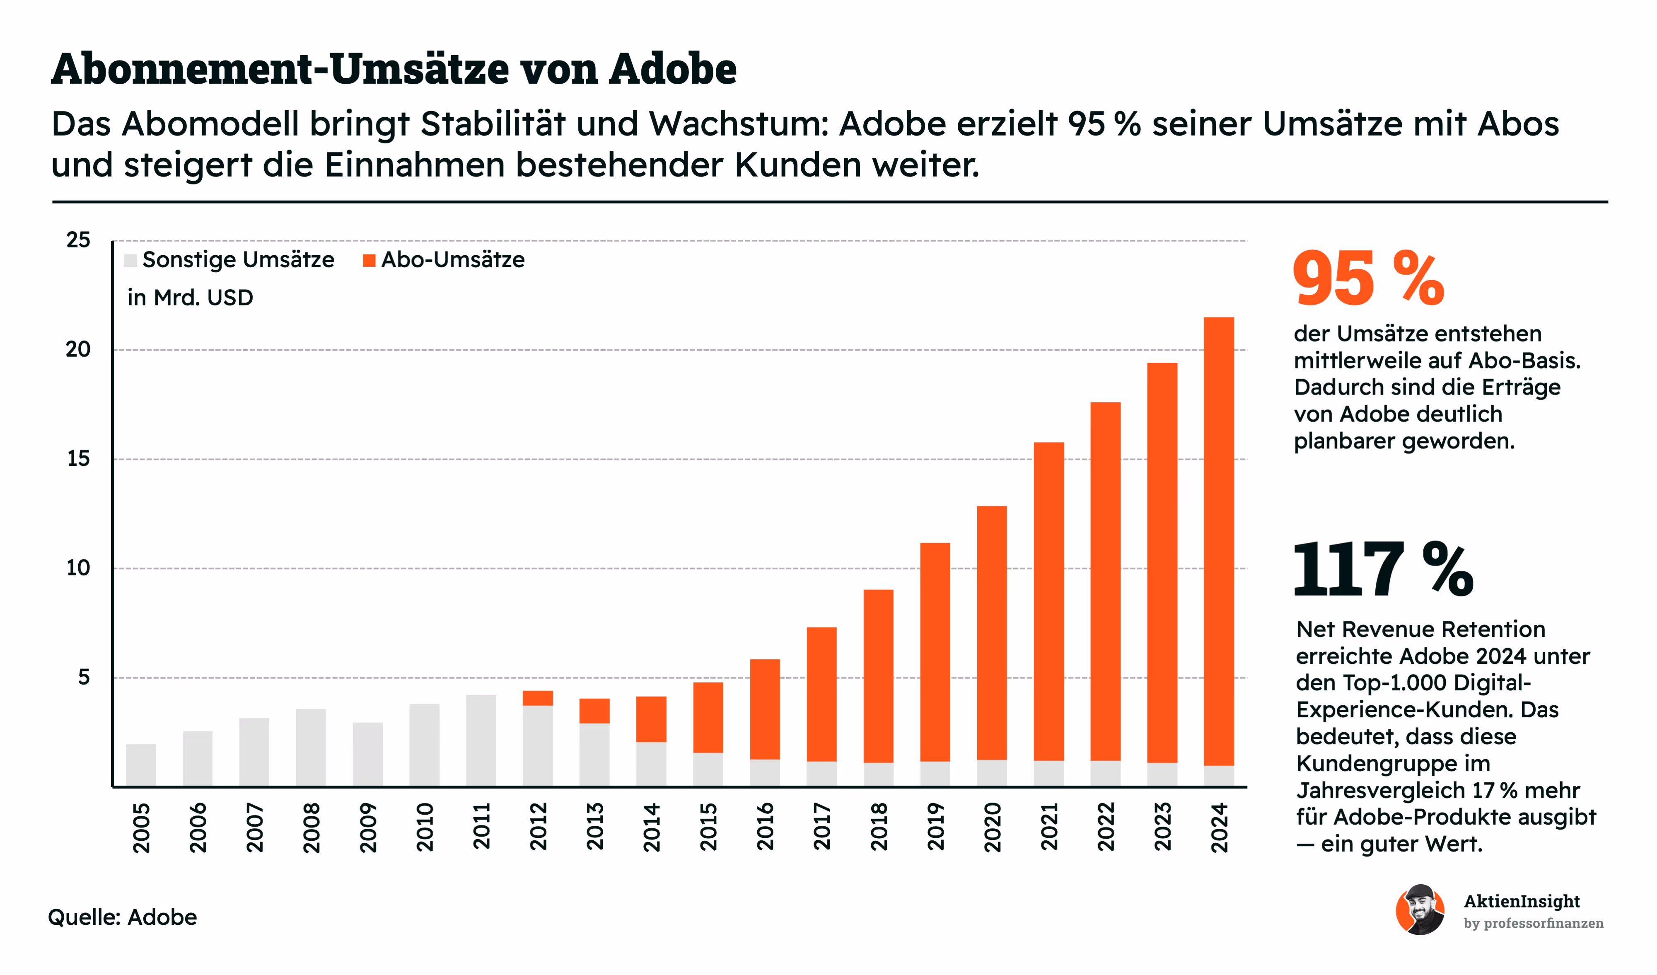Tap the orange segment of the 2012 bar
tap(538, 698)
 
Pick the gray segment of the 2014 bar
tap(651, 763)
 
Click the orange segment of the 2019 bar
tap(935, 651)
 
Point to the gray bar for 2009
tap(367, 754)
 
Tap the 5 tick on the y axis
tap(84, 677)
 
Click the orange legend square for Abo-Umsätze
tap(369, 261)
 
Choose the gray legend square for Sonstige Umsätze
tap(130, 261)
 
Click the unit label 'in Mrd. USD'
tap(190, 298)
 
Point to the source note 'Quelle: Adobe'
tap(122, 917)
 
